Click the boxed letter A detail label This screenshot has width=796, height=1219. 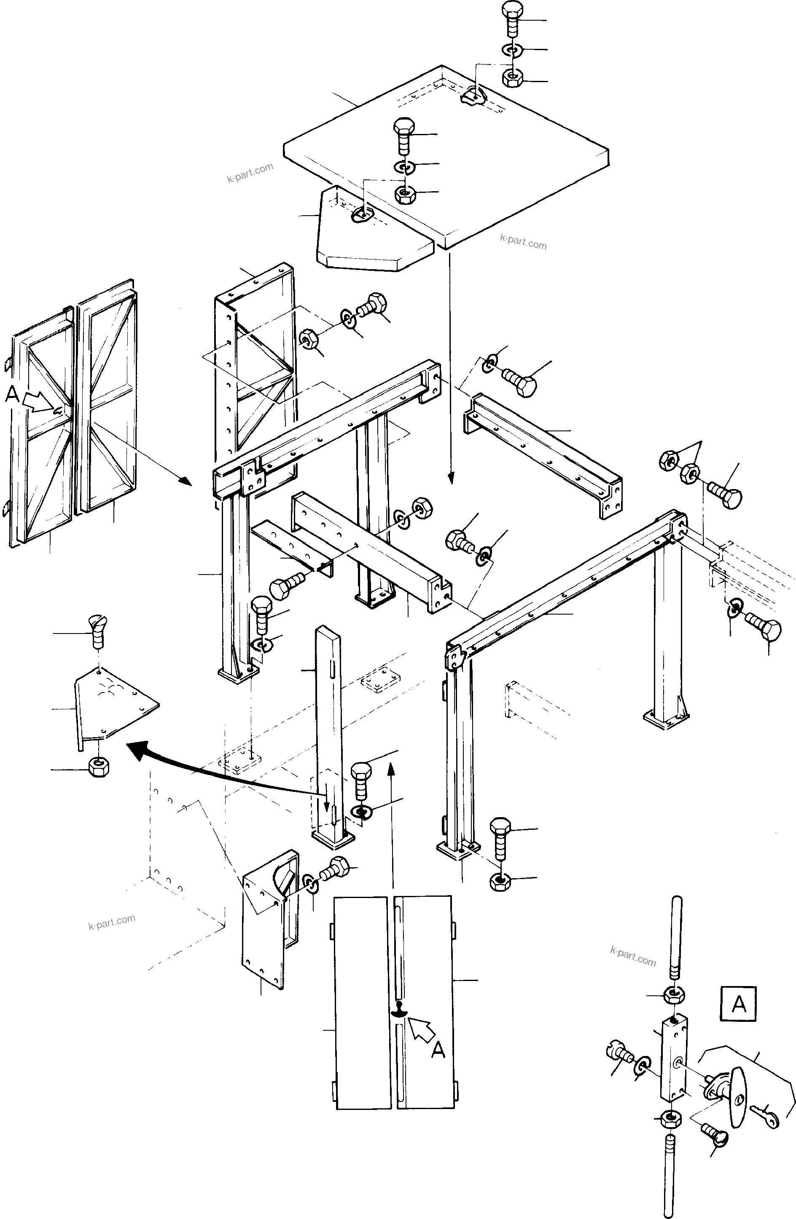tap(738, 1005)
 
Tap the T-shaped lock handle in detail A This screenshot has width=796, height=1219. tap(739, 1096)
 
